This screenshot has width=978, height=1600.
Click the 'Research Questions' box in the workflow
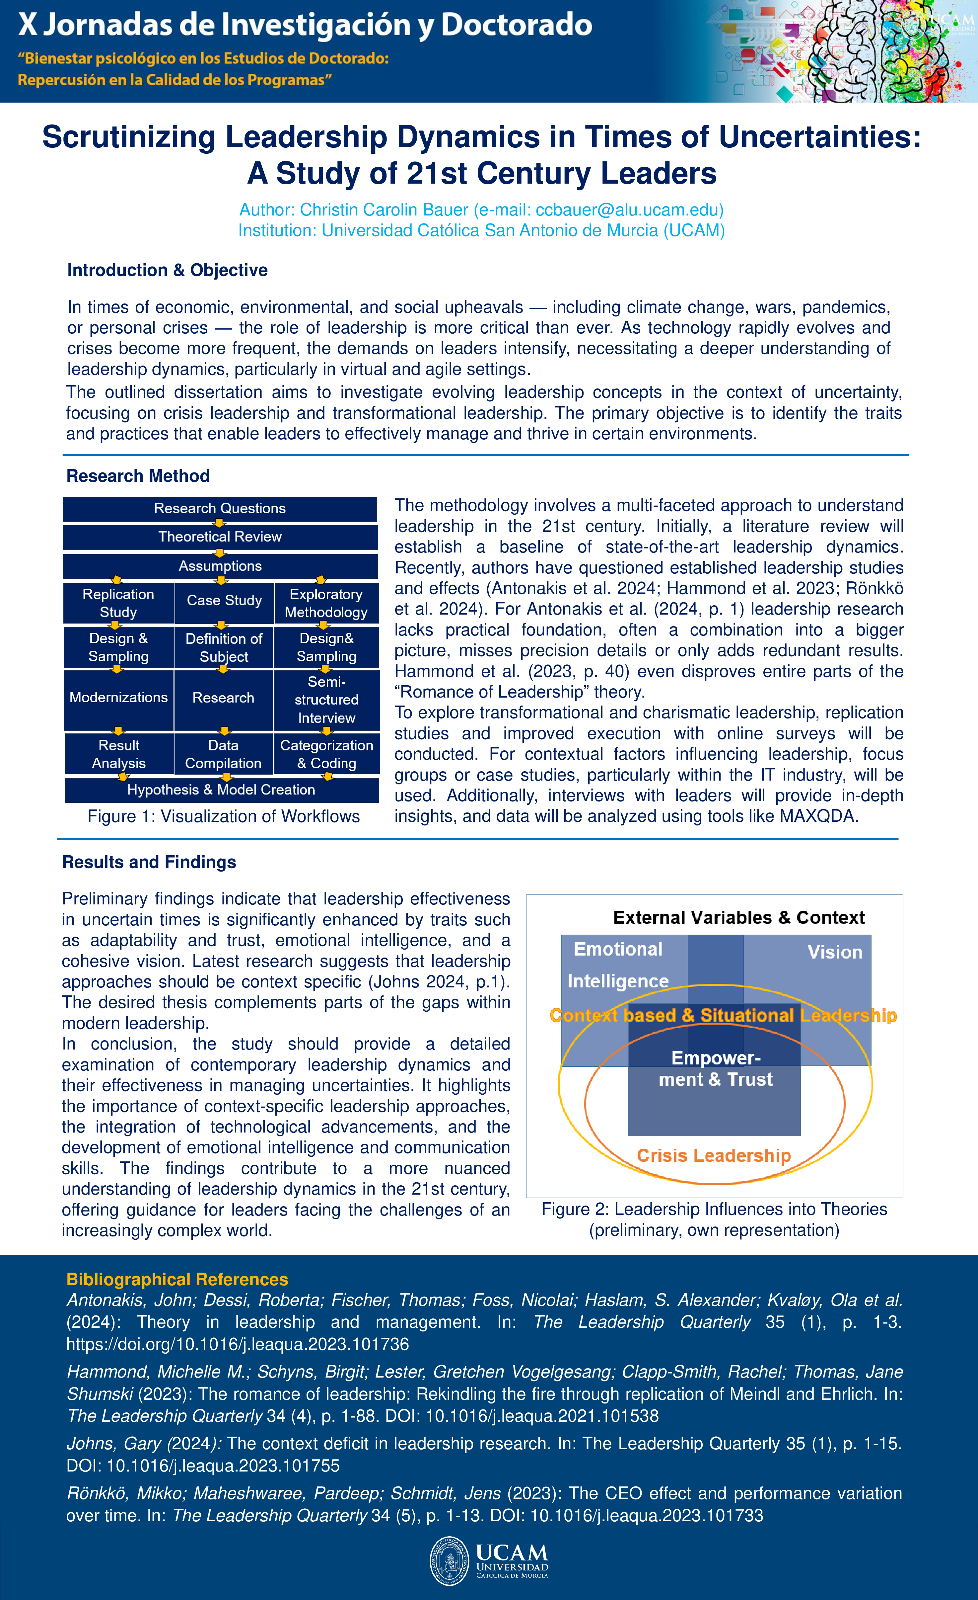coord(220,508)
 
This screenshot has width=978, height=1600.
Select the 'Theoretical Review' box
coord(220,537)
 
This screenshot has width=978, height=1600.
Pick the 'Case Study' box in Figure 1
coord(224,601)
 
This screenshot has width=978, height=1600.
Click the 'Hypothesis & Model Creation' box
coord(221,790)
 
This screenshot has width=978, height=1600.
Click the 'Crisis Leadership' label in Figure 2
coord(714,1155)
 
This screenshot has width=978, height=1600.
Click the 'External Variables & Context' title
coord(738,917)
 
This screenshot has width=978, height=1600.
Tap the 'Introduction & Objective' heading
coord(168,270)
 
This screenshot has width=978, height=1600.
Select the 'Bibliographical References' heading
coord(177,1279)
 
